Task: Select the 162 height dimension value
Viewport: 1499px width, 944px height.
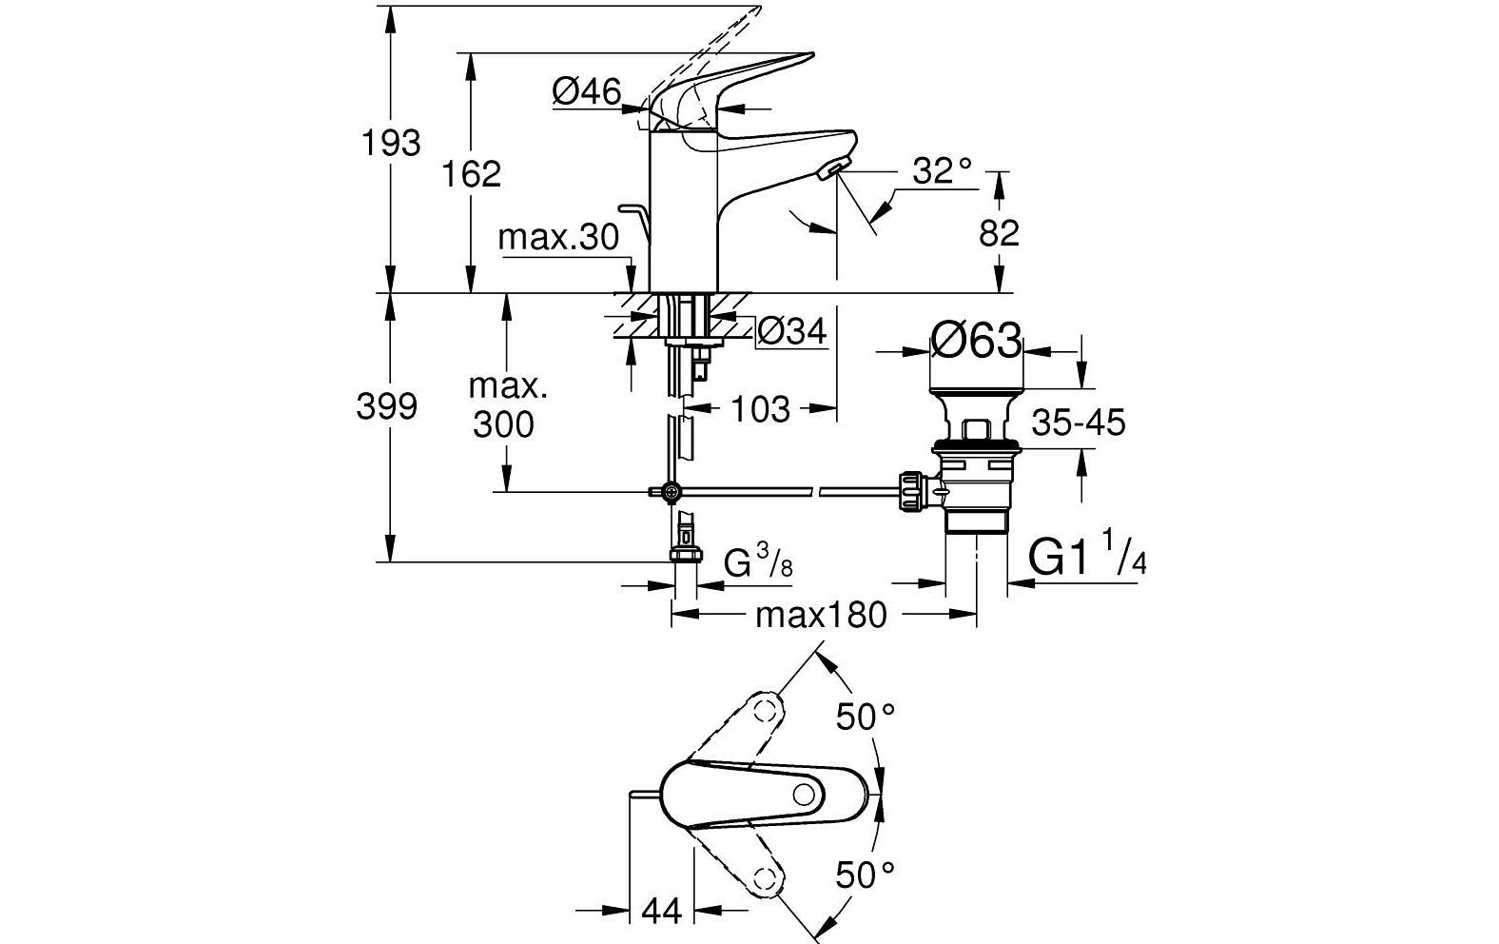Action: coord(473,174)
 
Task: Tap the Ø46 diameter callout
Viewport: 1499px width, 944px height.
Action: coord(586,91)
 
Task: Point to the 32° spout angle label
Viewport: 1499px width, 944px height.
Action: coord(943,171)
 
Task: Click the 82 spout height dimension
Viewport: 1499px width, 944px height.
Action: coord(999,233)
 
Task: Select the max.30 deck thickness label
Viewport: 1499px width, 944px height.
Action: coord(558,237)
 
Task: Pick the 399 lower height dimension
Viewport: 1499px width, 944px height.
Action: coord(386,406)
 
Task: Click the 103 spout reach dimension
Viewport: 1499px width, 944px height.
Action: coord(760,409)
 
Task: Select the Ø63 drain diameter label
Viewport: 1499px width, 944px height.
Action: coord(976,341)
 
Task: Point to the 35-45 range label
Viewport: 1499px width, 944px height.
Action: coord(1079,422)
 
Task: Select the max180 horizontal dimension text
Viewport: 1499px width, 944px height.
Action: coord(820,616)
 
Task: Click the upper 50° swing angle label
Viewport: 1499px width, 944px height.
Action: coord(866,716)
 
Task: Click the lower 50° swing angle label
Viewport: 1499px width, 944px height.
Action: coord(866,873)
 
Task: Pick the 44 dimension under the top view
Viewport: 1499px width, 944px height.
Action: coord(662,912)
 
